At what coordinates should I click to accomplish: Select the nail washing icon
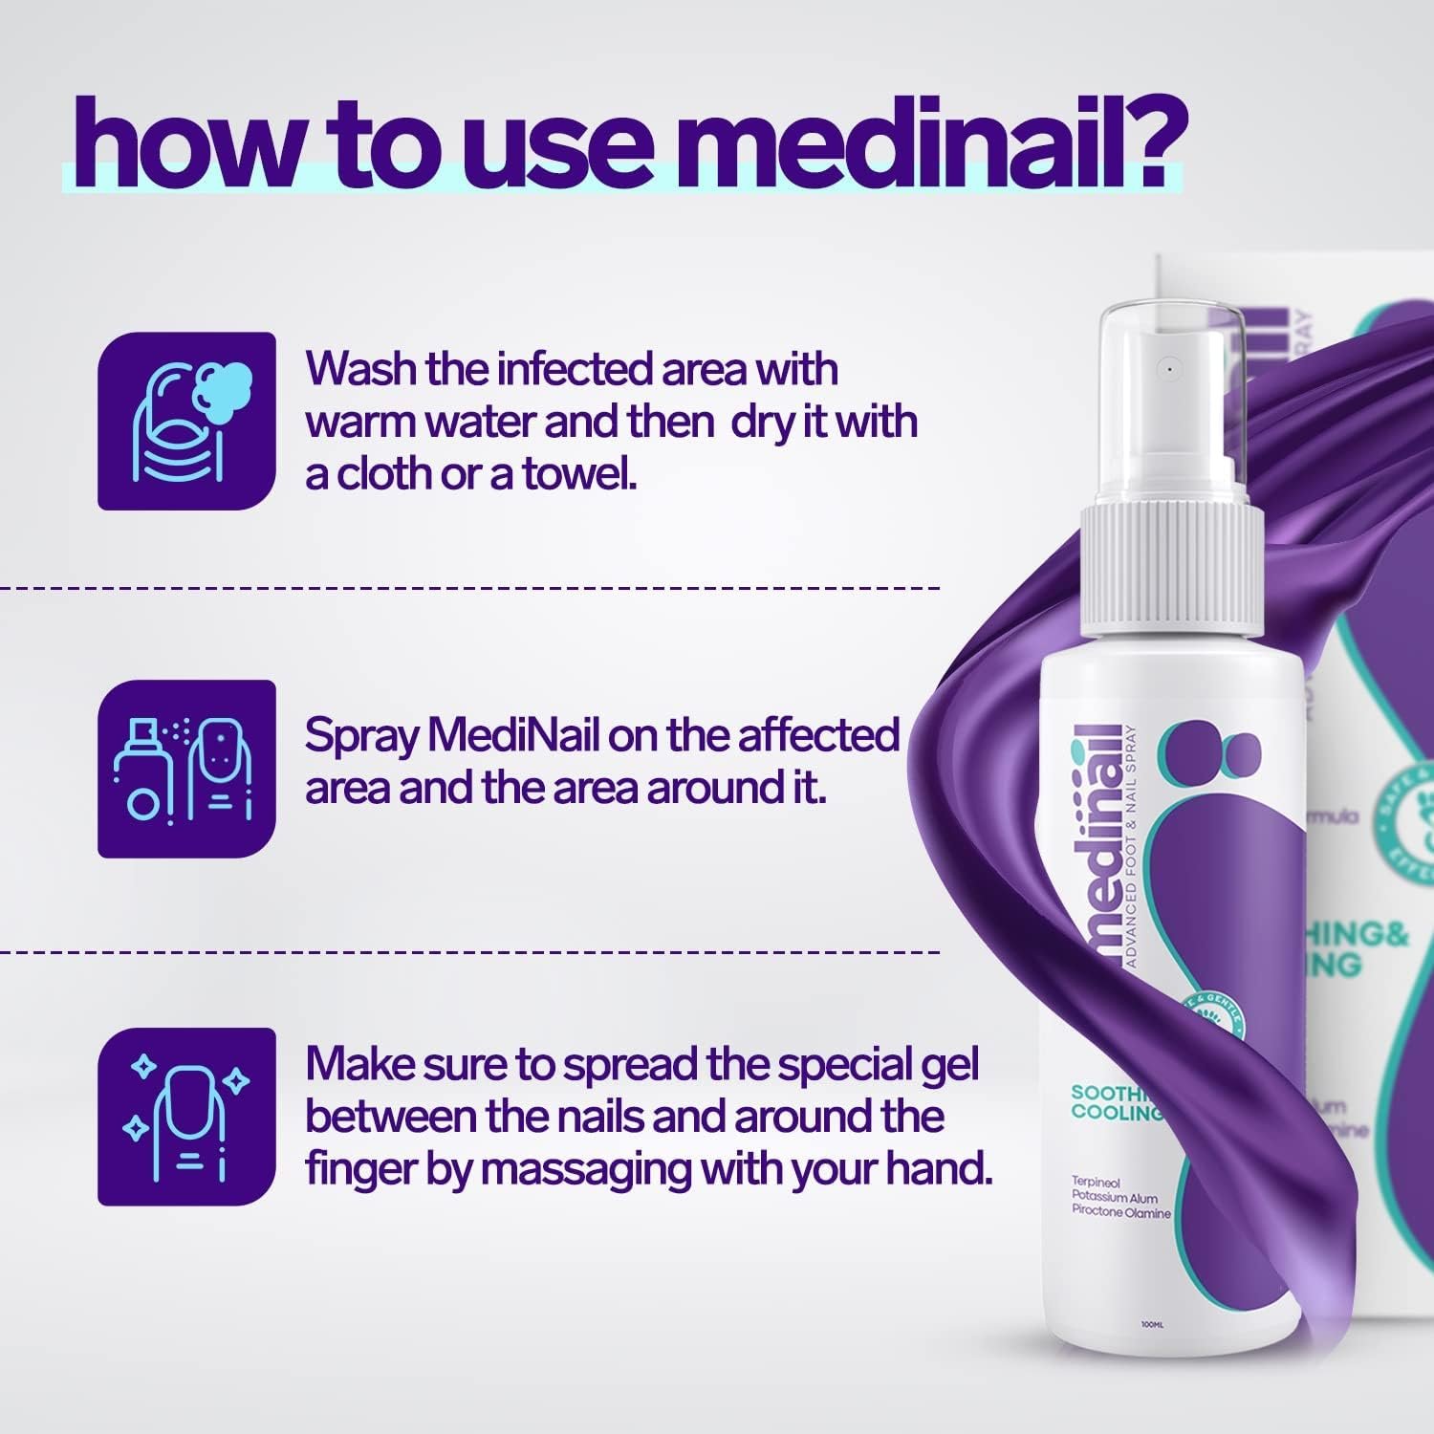186,421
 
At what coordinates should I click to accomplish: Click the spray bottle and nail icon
186,769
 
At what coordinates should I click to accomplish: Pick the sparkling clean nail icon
186,1116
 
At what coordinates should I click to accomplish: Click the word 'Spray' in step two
361,736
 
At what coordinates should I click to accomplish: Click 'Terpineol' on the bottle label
1096,1183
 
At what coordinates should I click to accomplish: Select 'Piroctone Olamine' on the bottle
1120,1213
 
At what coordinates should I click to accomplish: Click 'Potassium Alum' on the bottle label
1115,1198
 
